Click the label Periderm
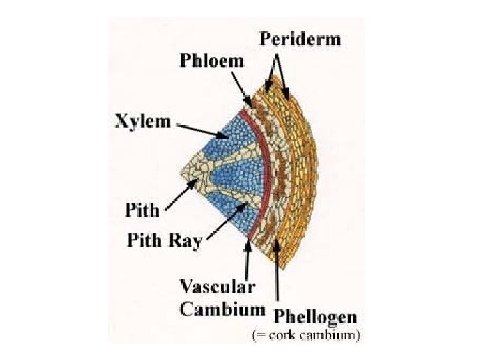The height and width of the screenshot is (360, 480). click(299, 39)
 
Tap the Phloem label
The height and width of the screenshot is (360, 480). click(212, 61)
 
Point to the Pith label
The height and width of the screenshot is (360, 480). click(143, 210)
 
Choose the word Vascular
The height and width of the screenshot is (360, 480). click(217, 287)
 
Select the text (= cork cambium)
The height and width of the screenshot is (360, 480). click(305, 336)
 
